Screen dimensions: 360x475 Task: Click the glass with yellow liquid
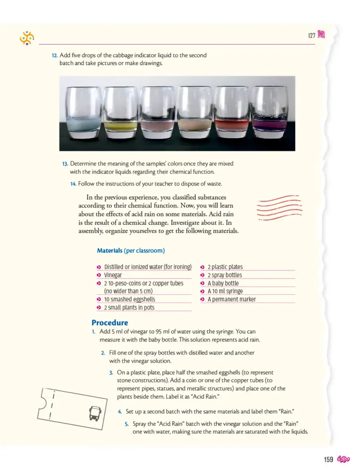[x=120, y=113]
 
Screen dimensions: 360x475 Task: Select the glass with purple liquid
[x=269, y=112]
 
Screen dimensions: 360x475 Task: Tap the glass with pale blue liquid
[x=84, y=113]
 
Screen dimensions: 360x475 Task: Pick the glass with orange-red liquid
[x=232, y=112]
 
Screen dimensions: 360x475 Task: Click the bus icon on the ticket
[x=95, y=413]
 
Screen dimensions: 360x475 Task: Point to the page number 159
[x=328, y=459]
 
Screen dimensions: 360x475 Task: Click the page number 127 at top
[x=311, y=35]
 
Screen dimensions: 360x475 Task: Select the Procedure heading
[x=110, y=322]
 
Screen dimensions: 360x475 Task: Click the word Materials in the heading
[x=110, y=250]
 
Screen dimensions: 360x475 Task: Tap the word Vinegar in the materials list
[x=113, y=275]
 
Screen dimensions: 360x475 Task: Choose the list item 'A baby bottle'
[x=223, y=283]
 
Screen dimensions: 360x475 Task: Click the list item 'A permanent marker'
[x=231, y=299]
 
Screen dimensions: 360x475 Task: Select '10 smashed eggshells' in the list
[x=130, y=299]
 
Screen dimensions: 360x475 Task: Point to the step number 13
[x=65, y=164]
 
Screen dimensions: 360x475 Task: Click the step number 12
[x=54, y=56]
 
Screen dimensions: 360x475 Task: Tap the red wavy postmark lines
[x=279, y=208]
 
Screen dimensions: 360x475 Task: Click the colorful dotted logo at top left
[x=27, y=38]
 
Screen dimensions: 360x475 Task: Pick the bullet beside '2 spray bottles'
[x=202, y=275]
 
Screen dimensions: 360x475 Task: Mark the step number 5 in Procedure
[x=126, y=424]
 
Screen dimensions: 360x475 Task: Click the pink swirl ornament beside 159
[x=343, y=459]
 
